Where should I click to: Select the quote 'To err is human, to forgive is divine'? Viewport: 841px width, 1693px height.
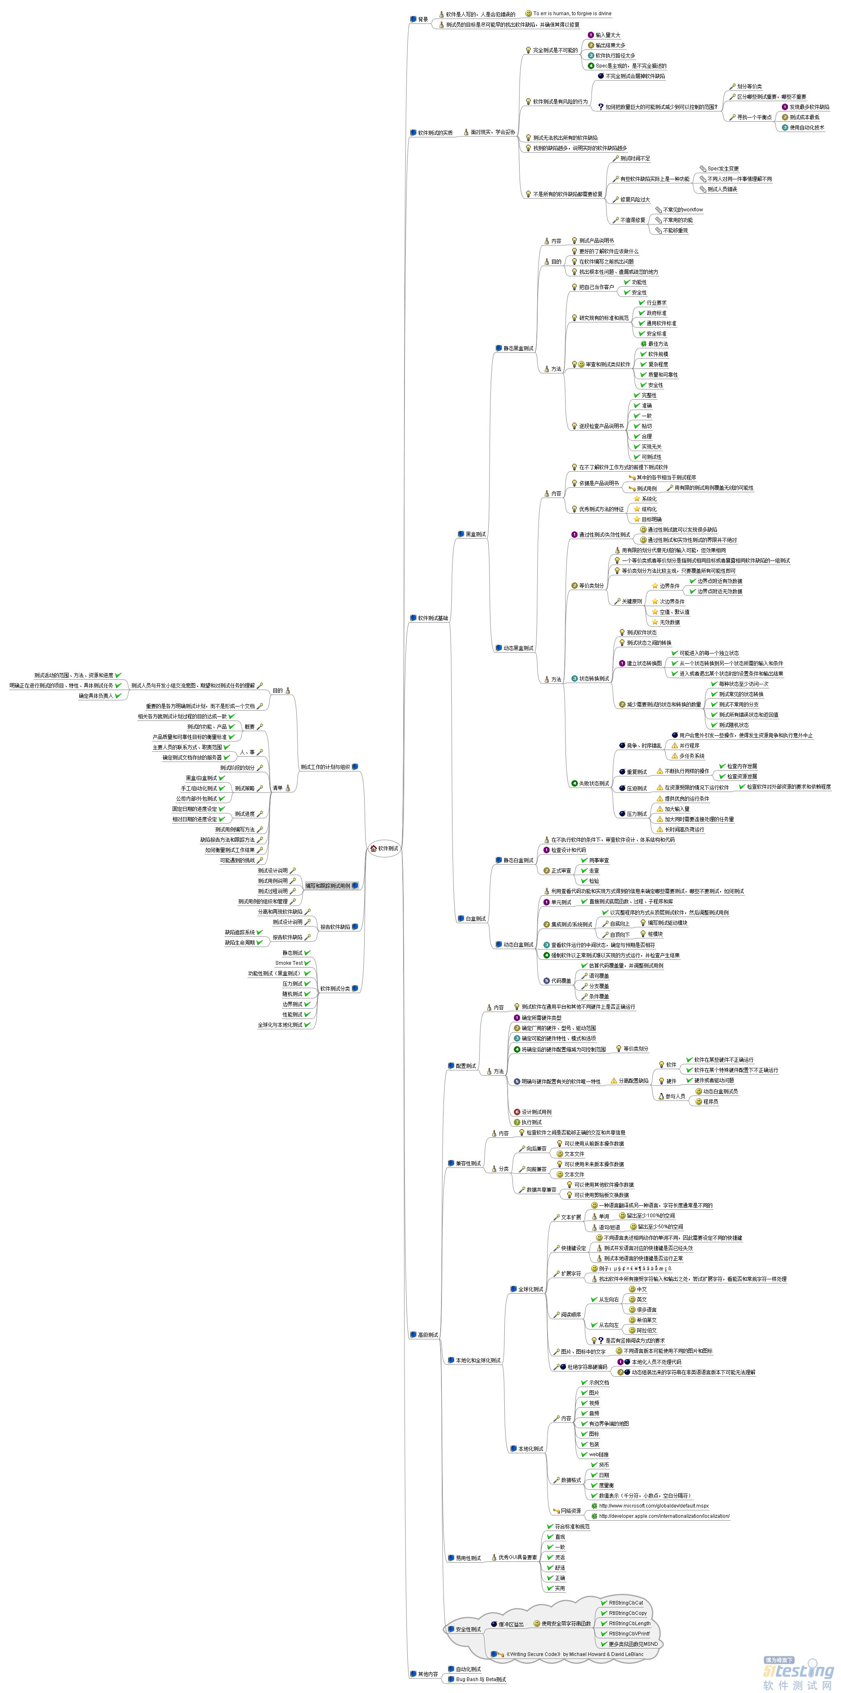[572, 13]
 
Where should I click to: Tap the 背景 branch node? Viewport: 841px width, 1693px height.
[423, 19]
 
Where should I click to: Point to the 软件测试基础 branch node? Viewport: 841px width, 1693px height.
[432, 618]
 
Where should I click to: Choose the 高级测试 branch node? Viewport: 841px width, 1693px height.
[428, 1335]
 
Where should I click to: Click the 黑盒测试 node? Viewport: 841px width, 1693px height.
[475, 534]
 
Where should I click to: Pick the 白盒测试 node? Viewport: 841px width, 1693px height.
[475, 919]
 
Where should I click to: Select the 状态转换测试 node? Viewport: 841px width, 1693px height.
[593, 678]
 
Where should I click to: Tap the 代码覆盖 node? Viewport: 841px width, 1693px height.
[561, 981]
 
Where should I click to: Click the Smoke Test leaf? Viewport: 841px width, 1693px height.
[289, 963]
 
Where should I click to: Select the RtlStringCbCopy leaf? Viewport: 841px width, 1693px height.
[628, 1613]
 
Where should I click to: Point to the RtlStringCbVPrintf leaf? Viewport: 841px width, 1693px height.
[629, 1633]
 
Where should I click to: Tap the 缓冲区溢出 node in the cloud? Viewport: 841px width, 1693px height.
[511, 1624]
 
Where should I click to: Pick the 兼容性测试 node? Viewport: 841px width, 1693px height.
[468, 1163]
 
